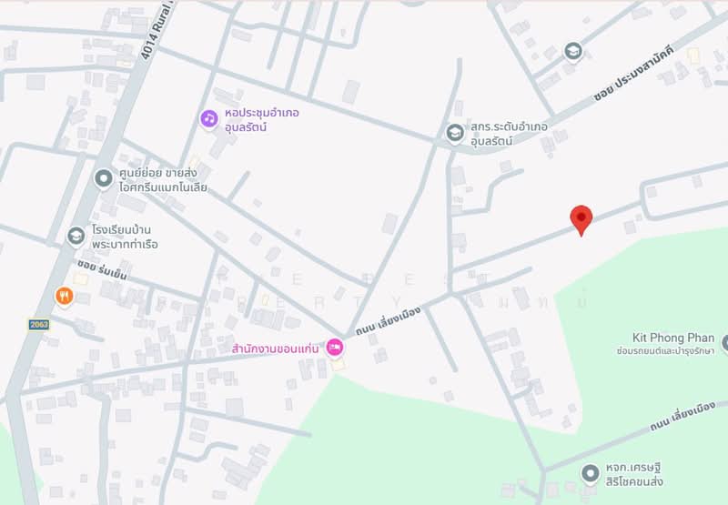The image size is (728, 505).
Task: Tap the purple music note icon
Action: [x=209, y=118]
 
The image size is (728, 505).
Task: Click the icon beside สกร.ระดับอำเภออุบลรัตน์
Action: [x=455, y=134]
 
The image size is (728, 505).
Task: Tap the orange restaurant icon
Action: [x=63, y=295]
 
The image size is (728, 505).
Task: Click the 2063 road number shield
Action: [x=38, y=324]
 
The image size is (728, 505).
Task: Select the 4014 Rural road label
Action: [x=157, y=31]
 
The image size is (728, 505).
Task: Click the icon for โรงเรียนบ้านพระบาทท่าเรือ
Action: [x=76, y=237]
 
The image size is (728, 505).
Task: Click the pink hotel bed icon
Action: [x=335, y=347]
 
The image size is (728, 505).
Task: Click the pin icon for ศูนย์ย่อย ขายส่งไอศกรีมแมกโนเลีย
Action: [x=103, y=179]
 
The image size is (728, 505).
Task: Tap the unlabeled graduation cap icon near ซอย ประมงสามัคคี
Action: [x=572, y=50]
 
